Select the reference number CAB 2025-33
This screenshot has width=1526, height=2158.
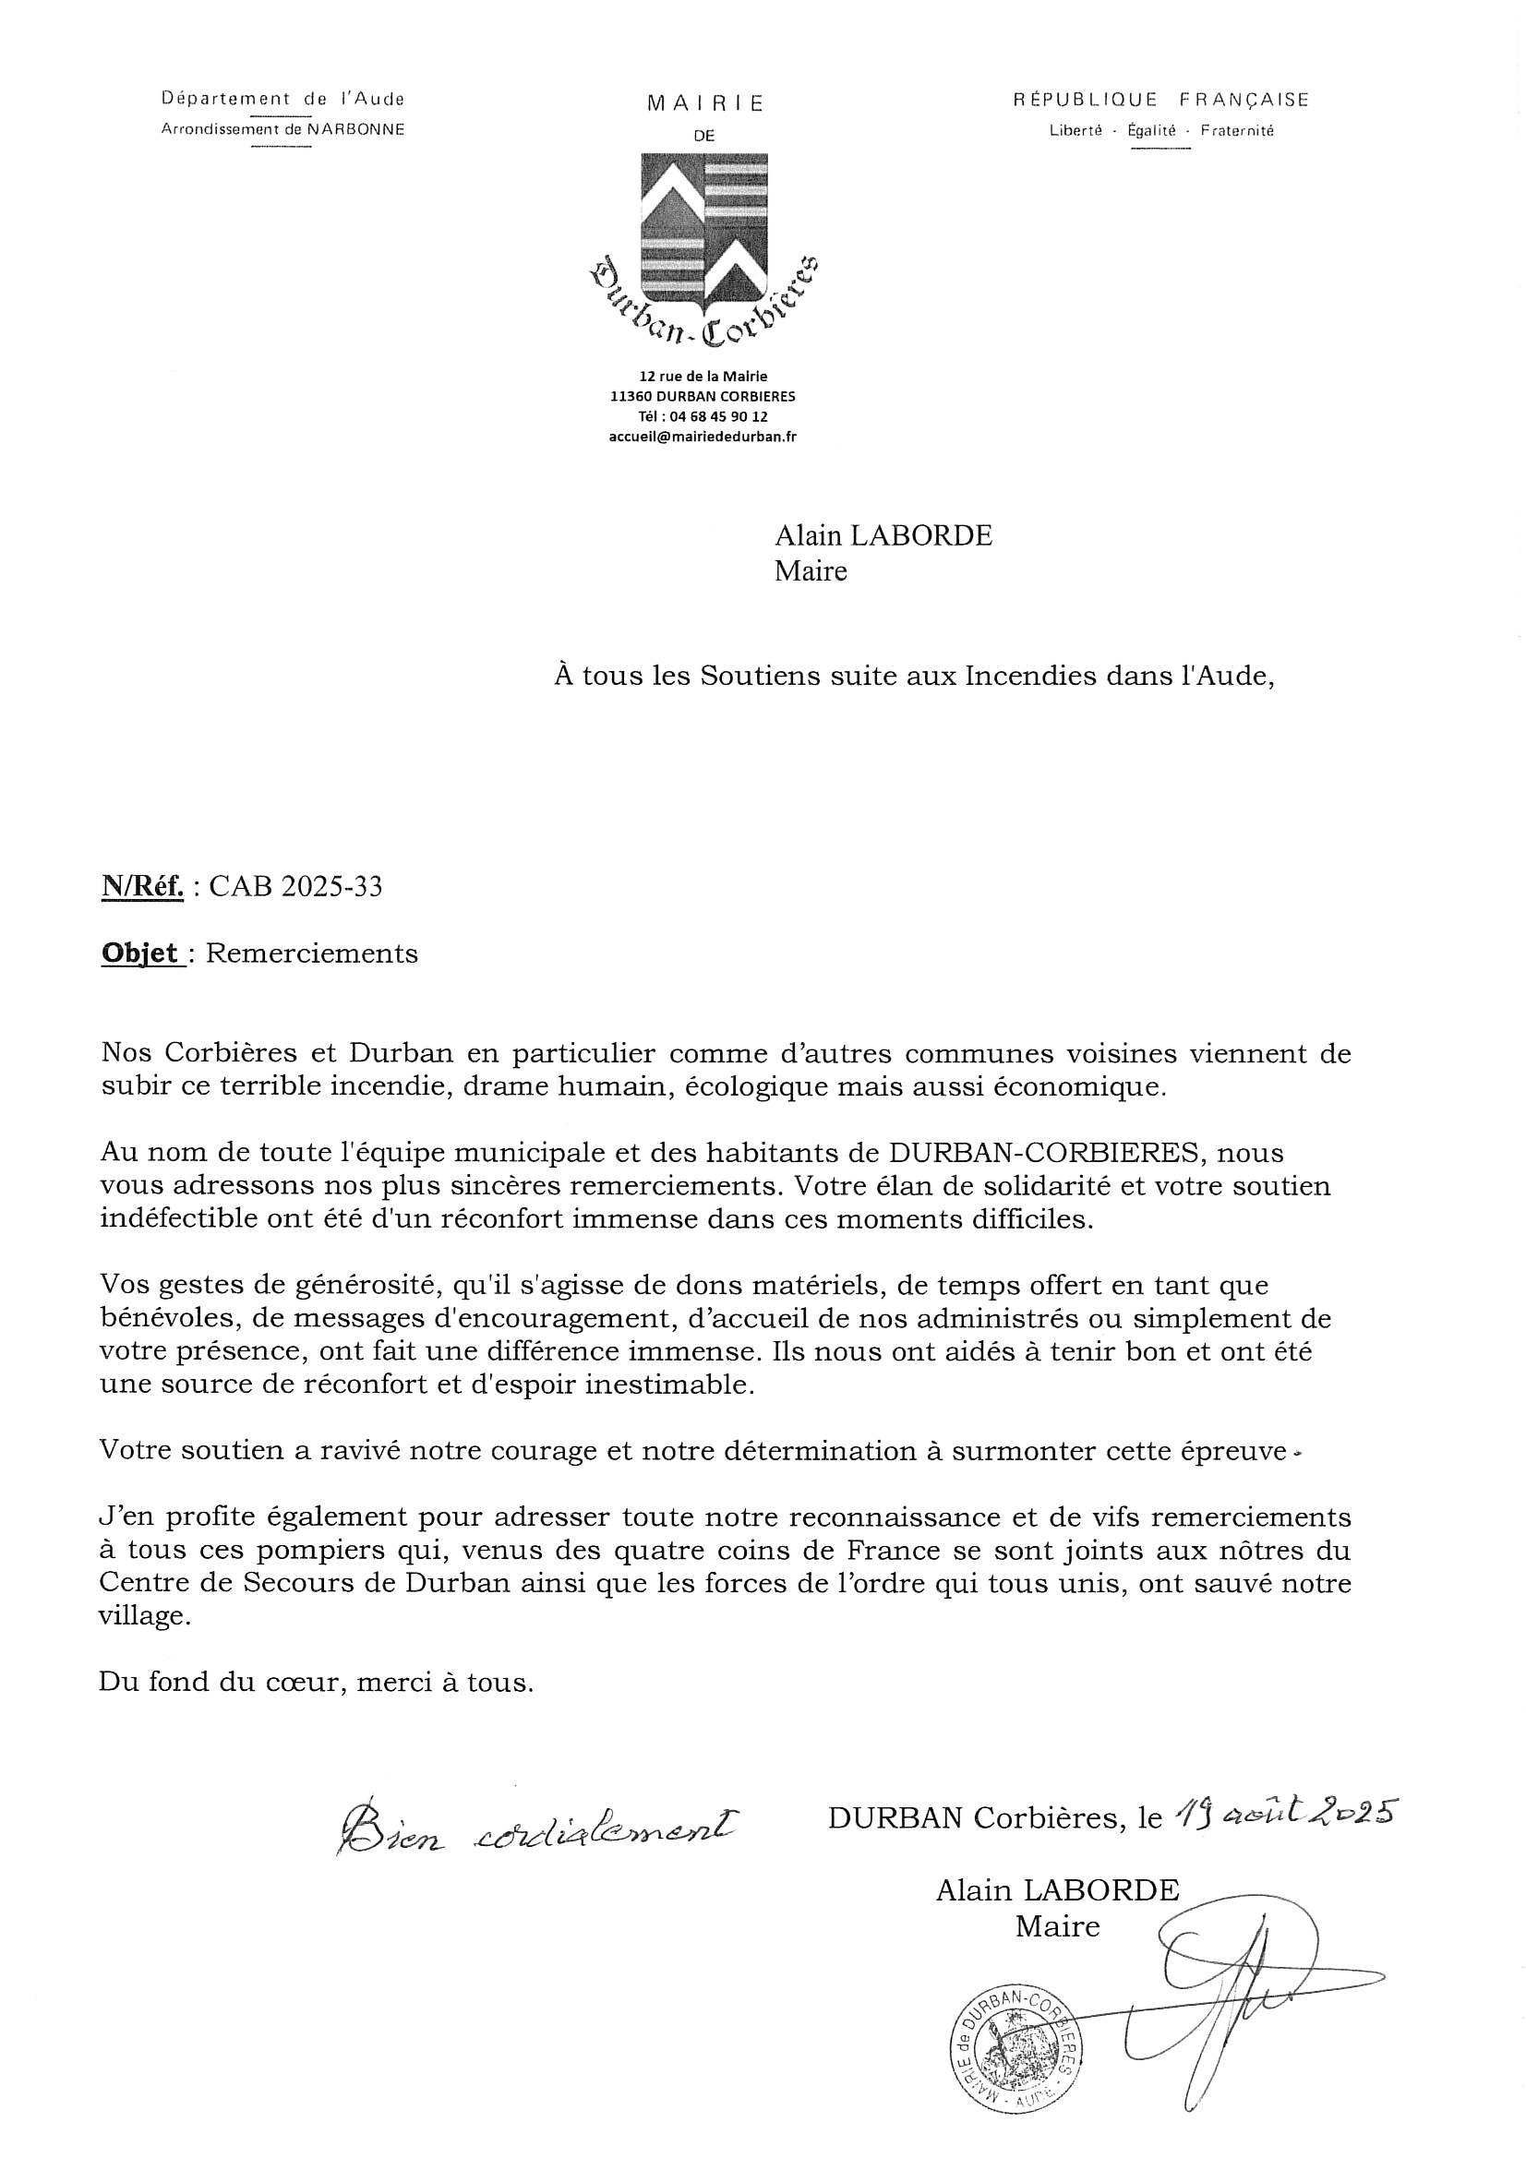pos(295,887)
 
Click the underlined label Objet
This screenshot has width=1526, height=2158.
pos(141,953)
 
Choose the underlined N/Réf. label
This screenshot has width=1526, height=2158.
pos(142,887)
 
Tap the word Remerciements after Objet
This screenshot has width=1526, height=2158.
pos(311,953)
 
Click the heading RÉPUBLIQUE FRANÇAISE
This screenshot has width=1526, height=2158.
pos(1160,100)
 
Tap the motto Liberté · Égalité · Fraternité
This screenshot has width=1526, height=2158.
pos(1161,132)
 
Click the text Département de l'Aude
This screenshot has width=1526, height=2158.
pos(283,98)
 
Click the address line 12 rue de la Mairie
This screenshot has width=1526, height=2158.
pos(703,377)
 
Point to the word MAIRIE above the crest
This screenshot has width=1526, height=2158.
pos(705,104)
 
